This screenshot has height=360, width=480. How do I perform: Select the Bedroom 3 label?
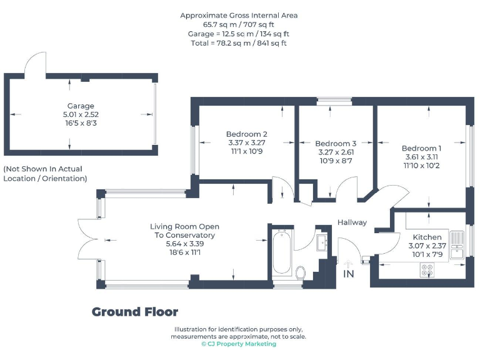pyautogui.click(x=336, y=143)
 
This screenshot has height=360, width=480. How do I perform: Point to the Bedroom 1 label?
pyautogui.click(x=422, y=148)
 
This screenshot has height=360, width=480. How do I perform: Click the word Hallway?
pyautogui.click(x=352, y=222)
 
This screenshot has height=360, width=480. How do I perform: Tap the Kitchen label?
pyautogui.click(x=427, y=237)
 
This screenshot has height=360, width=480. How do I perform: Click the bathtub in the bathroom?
pyautogui.click(x=281, y=253)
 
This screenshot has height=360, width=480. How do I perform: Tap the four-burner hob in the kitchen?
pyautogui.click(x=428, y=270)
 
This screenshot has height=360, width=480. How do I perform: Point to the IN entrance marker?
pyautogui.click(x=348, y=273)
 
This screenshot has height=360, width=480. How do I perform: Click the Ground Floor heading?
pyautogui.click(x=135, y=312)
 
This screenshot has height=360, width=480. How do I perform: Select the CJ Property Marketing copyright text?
pyautogui.click(x=238, y=344)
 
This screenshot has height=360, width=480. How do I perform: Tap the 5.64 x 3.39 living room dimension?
pyautogui.click(x=184, y=244)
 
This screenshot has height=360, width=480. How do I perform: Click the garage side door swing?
pyautogui.click(x=34, y=62)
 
